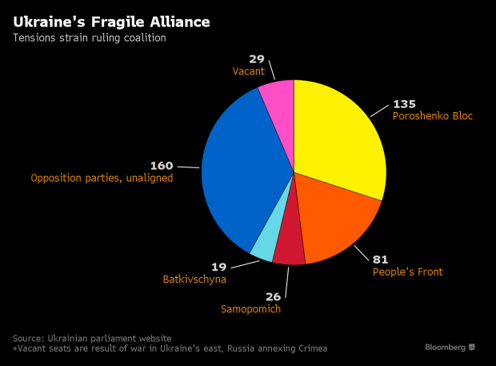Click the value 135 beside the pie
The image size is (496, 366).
pyautogui.click(x=404, y=103)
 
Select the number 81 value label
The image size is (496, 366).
pyautogui.click(x=380, y=259)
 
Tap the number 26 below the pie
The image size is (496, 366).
pyautogui.click(x=273, y=296)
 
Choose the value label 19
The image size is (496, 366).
pyautogui.click(x=218, y=267)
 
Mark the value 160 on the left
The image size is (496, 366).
pyautogui.click(x=162, y=165)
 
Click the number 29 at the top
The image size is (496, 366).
pyautogui.click(x=257, y=59)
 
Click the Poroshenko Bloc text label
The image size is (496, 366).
pyautogui.click(x=433, y=116)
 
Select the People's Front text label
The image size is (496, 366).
pyautogui.click(x=407, y=271)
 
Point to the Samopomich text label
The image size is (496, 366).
pyautogui.click(x=250, y=309)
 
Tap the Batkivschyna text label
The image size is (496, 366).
pyautogui.click(x=194, y=280)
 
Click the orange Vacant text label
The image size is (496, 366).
pyautogui.click(x=248, y=72)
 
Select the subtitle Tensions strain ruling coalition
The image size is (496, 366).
pyautogui.click(x=88, y=38)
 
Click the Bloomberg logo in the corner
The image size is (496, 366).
pyautogui.click(x=450, y=347)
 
